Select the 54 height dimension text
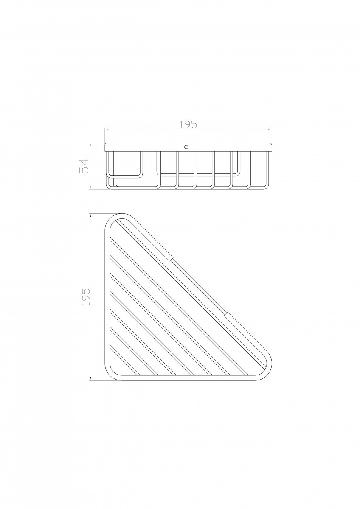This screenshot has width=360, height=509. (84, 166)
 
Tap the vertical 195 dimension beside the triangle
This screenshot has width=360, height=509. (86, 297)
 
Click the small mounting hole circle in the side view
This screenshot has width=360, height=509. (186, 147)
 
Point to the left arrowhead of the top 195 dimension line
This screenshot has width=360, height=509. (107, 129)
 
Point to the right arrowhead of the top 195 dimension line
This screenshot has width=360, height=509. (270, 129)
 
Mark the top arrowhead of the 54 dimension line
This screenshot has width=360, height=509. (90, 145)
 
